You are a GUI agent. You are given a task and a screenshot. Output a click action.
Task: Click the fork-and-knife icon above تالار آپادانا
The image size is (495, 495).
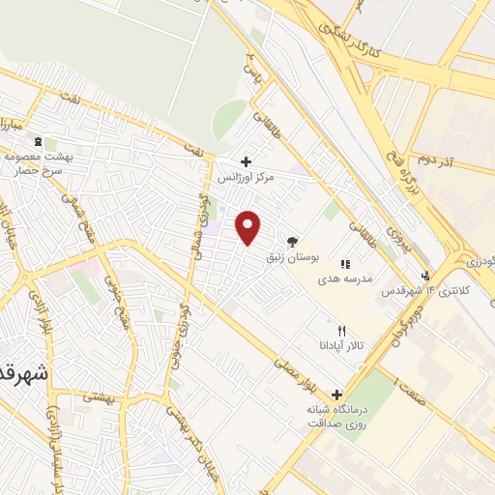tap(341, 331)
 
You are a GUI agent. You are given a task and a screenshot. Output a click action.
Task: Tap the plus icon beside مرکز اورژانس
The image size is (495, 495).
tap(247, 162)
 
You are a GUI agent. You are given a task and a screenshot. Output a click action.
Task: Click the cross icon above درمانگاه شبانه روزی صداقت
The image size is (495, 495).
tap(336, 394)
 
